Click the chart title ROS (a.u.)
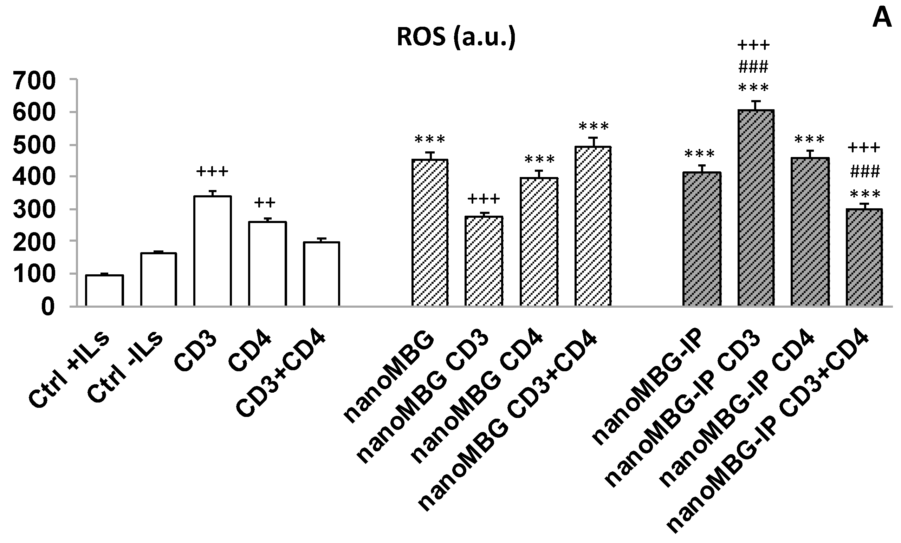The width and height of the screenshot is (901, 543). [x=456, y=37]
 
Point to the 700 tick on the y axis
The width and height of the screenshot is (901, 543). [x=34, y=81]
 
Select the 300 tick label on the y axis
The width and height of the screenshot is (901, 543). [x=34, y=210]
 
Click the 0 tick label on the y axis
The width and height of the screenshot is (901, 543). [x=47, y=307]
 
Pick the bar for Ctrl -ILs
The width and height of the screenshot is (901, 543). [x=158, y=279]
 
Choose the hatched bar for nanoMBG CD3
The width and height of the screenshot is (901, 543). [x=484, y=261]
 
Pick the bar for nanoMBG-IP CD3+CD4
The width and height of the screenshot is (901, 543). [x=864, y=257]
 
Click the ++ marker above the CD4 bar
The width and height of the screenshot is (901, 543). [x=265, y=202]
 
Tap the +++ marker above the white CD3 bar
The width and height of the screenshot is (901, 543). [x=212, y=171]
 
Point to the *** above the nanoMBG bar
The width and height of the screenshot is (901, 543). [x=430, y=139]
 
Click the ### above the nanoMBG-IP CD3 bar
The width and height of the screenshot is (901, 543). [x=753, y=67]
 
